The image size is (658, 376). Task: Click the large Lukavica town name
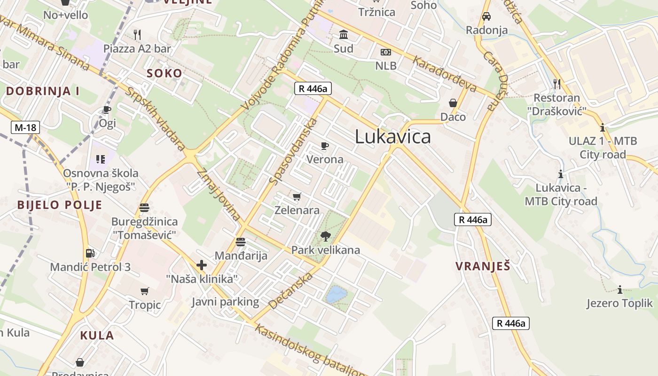(x=392, y=137)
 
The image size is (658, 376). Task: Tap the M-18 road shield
(x=25, y=127)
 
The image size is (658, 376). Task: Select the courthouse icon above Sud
(x=344, y=35)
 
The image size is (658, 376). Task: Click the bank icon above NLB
(x=385, y=52)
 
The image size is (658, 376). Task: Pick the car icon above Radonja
(x=486, y=16)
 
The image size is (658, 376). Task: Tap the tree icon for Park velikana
(x=325, y=236)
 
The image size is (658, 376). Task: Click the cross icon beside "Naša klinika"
(x=202, y=265)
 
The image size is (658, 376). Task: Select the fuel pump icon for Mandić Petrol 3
(x=90, y=253)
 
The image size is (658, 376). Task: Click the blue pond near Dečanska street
(x=337, y=295)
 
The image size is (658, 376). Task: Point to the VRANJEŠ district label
(x=483, y=266)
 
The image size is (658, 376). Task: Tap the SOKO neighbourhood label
(x=164, y=73)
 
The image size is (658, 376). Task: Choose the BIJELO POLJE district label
(x=60, y=205)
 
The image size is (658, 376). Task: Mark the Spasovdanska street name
(x=293, y=150)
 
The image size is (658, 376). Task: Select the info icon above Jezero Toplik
(x=620, y=290)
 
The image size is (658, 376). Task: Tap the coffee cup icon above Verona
(x=324, y=146)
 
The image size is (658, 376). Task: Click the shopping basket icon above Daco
(x=453, y=103)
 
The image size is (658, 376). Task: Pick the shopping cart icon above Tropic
(x=145, y=291)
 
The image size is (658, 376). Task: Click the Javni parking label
(x=225, y=302)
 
